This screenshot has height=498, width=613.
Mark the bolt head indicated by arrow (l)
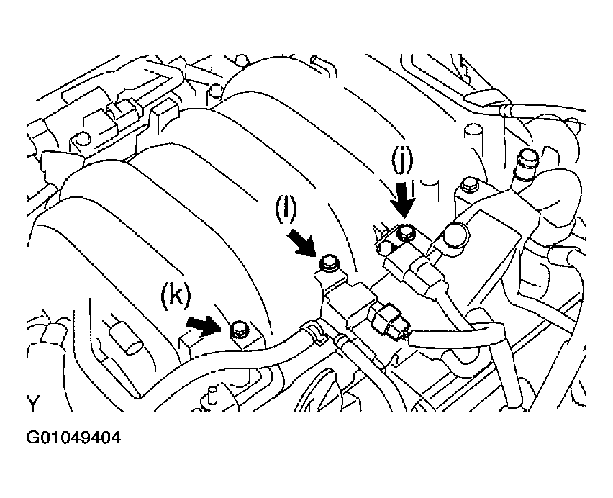328,263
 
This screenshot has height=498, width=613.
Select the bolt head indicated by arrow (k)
238,331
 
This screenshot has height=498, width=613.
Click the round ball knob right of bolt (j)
454,235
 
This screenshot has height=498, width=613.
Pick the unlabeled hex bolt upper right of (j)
470,184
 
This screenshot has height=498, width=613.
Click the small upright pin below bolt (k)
213,394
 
